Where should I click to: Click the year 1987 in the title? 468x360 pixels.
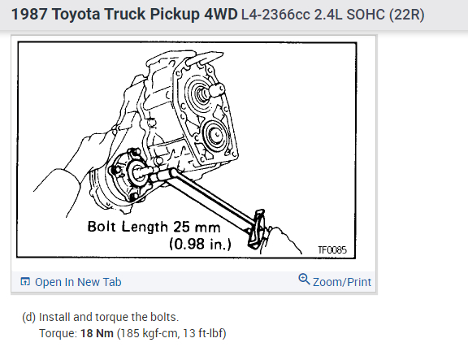[28, 14]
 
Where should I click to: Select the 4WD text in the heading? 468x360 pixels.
[221, 14]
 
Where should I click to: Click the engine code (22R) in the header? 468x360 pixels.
[407, 15]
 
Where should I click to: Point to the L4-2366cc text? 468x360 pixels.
[275, 15]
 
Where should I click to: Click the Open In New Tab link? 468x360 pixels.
[78, 282]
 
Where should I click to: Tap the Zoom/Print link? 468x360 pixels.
[342, 282]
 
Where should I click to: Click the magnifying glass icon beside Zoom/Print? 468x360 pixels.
[304, 279]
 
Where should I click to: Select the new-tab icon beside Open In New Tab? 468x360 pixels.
[25, 281]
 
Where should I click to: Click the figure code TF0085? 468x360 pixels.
[332, 249]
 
